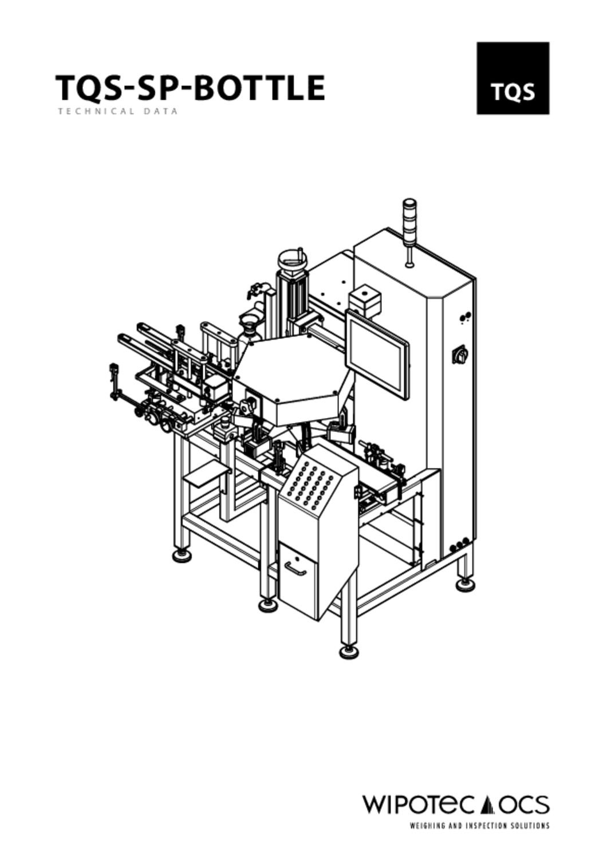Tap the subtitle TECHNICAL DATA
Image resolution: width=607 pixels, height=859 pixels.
pos(118,112)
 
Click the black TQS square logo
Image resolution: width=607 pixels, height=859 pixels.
pos(513,78)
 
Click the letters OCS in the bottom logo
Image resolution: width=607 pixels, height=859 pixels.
pos(524,805)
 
